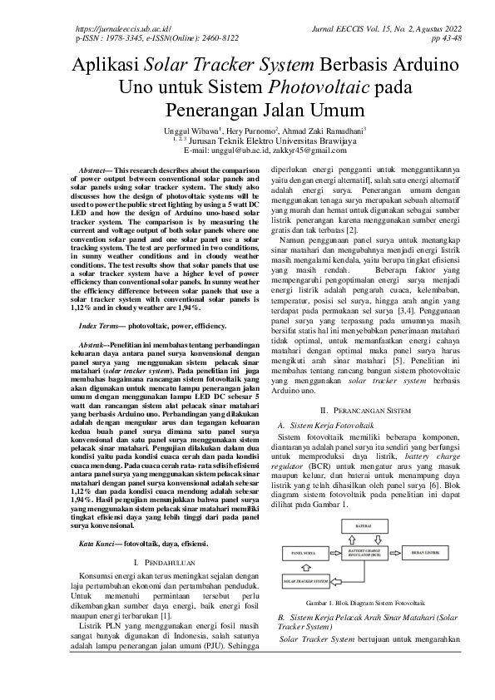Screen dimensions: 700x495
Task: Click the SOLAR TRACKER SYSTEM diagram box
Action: tap(306, 581)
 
